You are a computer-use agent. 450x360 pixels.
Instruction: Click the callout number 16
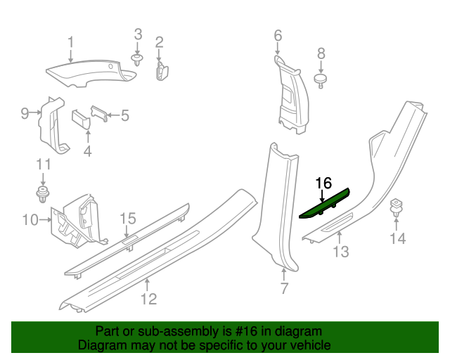click(323, 184)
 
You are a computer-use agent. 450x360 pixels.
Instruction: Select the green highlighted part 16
click(325, 205)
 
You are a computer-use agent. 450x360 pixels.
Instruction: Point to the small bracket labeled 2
click(161, 70)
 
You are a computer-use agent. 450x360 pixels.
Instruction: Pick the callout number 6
click(277, 35)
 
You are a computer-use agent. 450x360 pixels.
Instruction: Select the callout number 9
click(25, 113)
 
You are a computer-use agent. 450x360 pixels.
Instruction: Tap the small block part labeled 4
click(82, 120)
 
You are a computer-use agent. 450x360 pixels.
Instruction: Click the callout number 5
click(125, 115)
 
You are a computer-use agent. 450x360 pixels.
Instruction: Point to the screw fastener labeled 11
click(44, 192)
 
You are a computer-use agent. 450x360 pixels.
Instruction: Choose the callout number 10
click(30, 220)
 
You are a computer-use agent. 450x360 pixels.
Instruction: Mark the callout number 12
click(148, 299)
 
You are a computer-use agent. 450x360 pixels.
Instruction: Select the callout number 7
click(284, 288)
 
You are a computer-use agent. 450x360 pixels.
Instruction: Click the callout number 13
click(340, 252)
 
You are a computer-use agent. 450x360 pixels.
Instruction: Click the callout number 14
click(397, 239)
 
